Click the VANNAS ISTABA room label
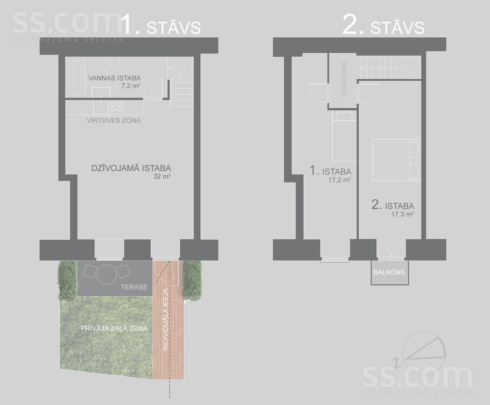click(114, 78)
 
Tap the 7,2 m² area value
click(131, 86)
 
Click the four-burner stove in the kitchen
click(116, 106)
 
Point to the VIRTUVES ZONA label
click(114, 120)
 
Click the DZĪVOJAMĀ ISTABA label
click(131, 168)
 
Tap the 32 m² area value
click(162, 176)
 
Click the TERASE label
click(134, 287)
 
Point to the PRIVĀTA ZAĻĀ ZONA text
click(114, 329)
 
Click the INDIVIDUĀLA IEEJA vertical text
click(166, 319)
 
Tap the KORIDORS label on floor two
click(344, 79)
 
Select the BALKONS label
click(389, 272)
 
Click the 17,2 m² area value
click(340, 180)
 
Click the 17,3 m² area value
click(403, 214)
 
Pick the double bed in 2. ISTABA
click(396, 160)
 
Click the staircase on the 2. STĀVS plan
click(390, 68)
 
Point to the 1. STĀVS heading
click(160, 25)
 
